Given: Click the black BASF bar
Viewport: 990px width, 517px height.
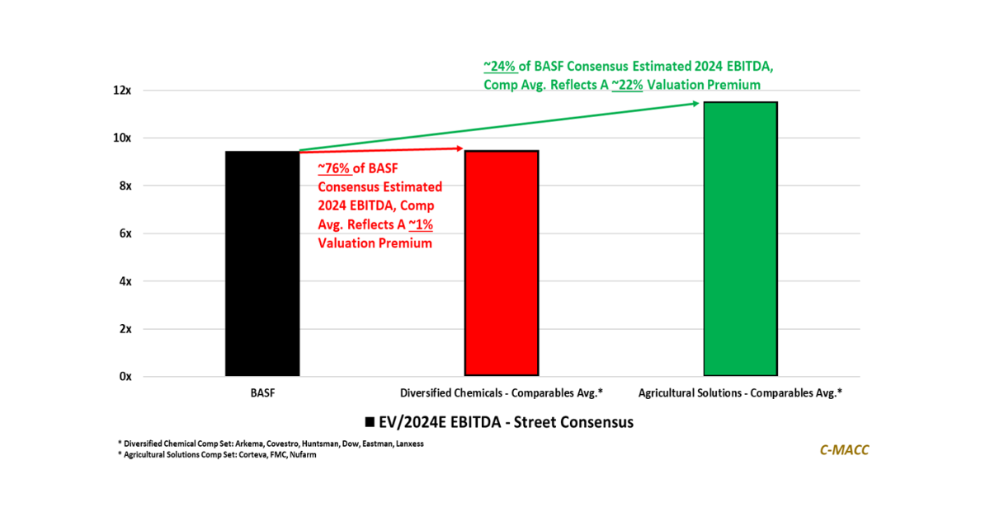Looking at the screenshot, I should tap(262, 264).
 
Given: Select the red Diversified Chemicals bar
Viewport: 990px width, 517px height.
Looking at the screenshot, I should tap(502, 264).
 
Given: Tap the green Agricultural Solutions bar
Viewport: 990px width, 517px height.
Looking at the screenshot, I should tap(740, 239).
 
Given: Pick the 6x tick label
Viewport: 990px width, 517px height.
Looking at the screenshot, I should tap(125, 233).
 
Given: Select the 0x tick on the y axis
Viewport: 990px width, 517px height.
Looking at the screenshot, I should tap(125, 377).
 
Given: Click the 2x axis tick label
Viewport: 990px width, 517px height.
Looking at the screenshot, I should tap(125, 329).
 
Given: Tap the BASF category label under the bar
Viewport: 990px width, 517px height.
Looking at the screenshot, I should tap(262, 392).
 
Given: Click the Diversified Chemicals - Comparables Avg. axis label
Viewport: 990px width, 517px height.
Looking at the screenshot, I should tap(502, 392).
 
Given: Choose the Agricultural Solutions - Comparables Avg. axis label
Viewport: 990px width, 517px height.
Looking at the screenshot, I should tap(740, 392).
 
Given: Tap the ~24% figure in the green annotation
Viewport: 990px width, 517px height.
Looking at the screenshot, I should tap(501, 65).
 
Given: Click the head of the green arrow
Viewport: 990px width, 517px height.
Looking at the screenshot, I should tap(696, 103).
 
